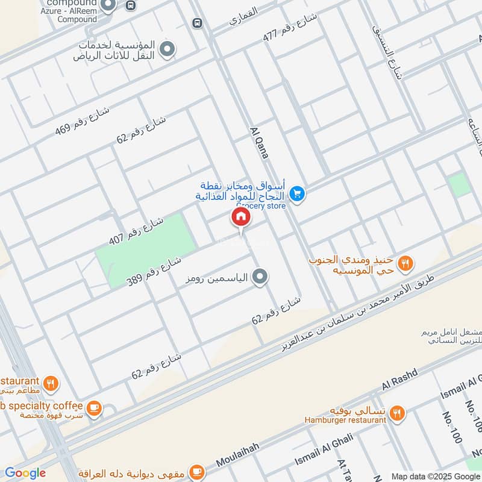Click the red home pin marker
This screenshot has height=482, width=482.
pos(240,218)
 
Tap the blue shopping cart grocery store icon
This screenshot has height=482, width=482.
pos(296,194)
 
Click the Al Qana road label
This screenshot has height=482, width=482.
pos(258,143)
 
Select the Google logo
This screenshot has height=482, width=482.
pos(25,473)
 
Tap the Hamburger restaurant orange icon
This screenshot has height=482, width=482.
pos(396,413)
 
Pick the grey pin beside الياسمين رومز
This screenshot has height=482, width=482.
pos(260,277)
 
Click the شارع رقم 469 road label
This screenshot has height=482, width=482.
pos(82,120)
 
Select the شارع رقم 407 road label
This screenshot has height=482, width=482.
pos(128,231)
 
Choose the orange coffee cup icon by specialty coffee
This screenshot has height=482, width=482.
pos(93,408)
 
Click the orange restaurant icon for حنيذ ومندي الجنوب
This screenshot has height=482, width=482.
pos(407,263)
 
